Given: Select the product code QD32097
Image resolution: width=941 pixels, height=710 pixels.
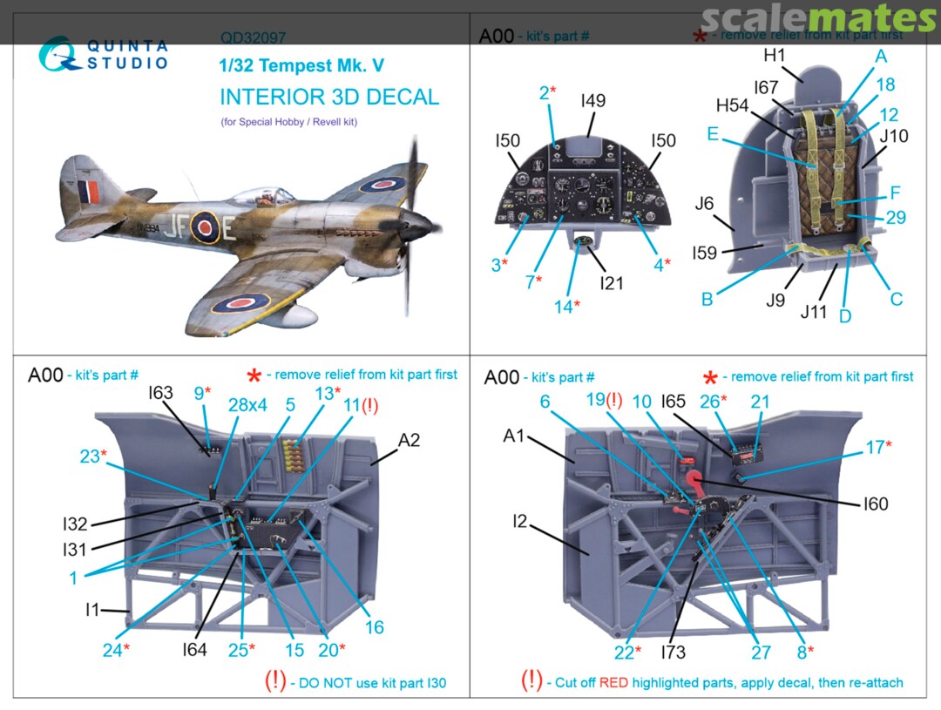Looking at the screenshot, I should tap(254, 38).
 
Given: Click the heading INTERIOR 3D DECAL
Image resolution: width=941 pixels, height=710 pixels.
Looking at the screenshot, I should tap(329, 97).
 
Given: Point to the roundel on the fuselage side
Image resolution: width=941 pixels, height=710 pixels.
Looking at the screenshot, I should tap(205, 227).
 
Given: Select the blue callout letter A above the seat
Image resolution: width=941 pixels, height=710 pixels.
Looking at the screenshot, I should tap(880, 57).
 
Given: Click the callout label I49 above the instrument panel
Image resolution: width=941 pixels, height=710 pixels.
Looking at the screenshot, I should tap(592, 101).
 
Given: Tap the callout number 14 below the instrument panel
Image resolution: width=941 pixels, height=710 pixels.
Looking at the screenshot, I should tap(563, 307).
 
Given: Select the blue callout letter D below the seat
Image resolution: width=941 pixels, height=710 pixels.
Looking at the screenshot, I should tap(844, 316).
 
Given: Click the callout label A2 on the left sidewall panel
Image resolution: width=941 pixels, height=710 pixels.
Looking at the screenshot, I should tap(409, 441).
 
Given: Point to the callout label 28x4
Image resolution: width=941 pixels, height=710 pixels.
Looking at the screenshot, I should tap(247, 405).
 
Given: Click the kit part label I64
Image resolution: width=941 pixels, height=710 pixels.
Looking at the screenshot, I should tap(194, 649).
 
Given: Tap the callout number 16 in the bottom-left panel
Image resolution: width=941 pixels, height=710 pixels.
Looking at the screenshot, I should tap(374, 627).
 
